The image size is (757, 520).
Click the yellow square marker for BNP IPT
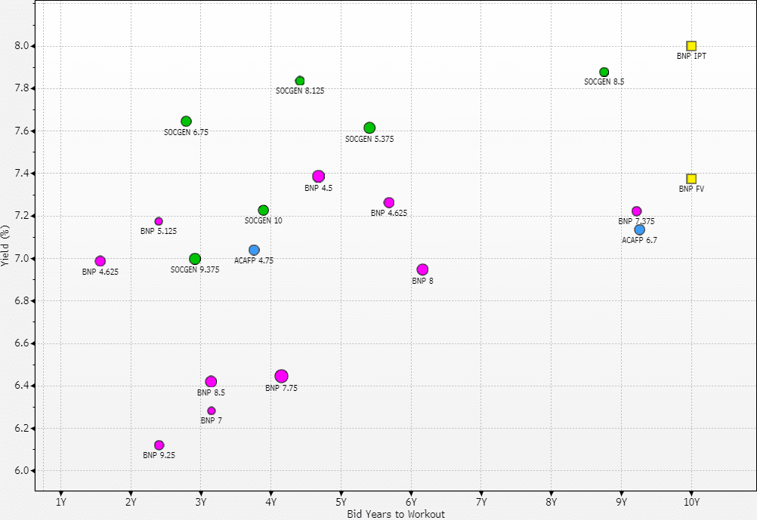[x=691, y=46]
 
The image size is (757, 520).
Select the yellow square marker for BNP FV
[x=691, y=179]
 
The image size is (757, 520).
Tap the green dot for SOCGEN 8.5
[x=604, y=72]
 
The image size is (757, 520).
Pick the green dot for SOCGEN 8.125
[x=300, y=81]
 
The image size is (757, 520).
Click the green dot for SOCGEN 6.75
[x=186, y=122]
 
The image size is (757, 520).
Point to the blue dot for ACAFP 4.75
[x=254, y=250]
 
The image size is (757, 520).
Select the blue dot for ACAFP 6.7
[x=640, y=229]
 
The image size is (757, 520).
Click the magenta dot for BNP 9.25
[x=159, y=445]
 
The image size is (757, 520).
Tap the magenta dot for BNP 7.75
[x=281, y=376]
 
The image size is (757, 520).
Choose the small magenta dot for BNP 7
[x=212, y=411]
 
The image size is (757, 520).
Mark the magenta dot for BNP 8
[x=422, y=269]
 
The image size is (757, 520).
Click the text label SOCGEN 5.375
[x=369, y=140]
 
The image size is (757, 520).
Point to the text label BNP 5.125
[x=159, y=231]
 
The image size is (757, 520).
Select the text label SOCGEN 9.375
[x=195, y=269]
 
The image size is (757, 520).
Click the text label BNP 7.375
[x=636, y=222]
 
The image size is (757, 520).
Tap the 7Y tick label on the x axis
[x=481, y=502]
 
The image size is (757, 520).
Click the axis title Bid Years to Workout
[x=396, y=514]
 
